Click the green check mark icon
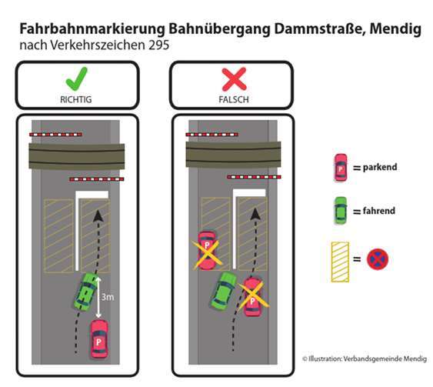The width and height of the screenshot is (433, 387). tap(77, 79)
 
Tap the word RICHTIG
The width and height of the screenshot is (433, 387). tap(77, 100)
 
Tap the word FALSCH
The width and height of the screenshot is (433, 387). tap(231, 100)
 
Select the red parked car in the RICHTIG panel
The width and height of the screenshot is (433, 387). tap(100, 338)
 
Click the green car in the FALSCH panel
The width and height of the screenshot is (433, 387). tap(224, 291)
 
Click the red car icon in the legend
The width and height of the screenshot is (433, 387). tap(340, 167)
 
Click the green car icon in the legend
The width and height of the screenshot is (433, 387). tap(340, 209)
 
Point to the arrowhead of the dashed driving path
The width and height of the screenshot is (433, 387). tap(98, 216)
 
